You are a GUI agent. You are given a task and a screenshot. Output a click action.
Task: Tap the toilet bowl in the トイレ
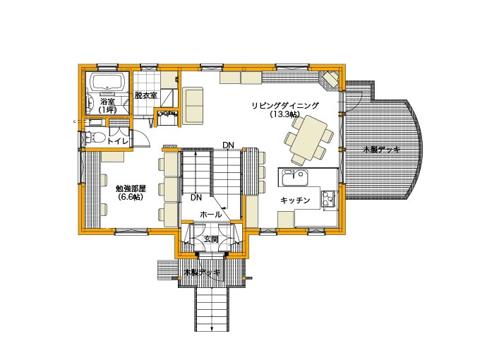92,137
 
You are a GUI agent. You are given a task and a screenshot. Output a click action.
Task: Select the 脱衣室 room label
145,95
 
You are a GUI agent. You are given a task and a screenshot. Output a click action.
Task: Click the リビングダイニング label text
284,106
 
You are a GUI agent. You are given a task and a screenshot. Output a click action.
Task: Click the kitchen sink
294,178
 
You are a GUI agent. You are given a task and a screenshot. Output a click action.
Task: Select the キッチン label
295,200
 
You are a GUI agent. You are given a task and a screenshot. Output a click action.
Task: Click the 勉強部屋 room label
131,188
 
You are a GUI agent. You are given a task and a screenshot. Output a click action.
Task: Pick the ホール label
210,215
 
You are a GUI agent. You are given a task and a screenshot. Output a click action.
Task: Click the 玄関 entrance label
211,239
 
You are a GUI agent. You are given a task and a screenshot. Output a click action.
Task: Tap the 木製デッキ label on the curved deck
381,150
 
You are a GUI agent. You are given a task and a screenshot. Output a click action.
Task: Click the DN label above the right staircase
228,145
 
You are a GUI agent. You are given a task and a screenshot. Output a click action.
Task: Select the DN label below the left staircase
196,198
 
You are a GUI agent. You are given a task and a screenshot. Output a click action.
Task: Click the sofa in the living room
193,106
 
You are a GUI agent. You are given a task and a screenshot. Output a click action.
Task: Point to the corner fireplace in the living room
330,80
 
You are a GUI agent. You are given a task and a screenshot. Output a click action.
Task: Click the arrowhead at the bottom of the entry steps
212,329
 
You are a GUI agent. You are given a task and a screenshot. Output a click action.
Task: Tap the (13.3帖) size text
284,114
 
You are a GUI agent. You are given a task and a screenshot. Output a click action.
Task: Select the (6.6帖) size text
131,197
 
